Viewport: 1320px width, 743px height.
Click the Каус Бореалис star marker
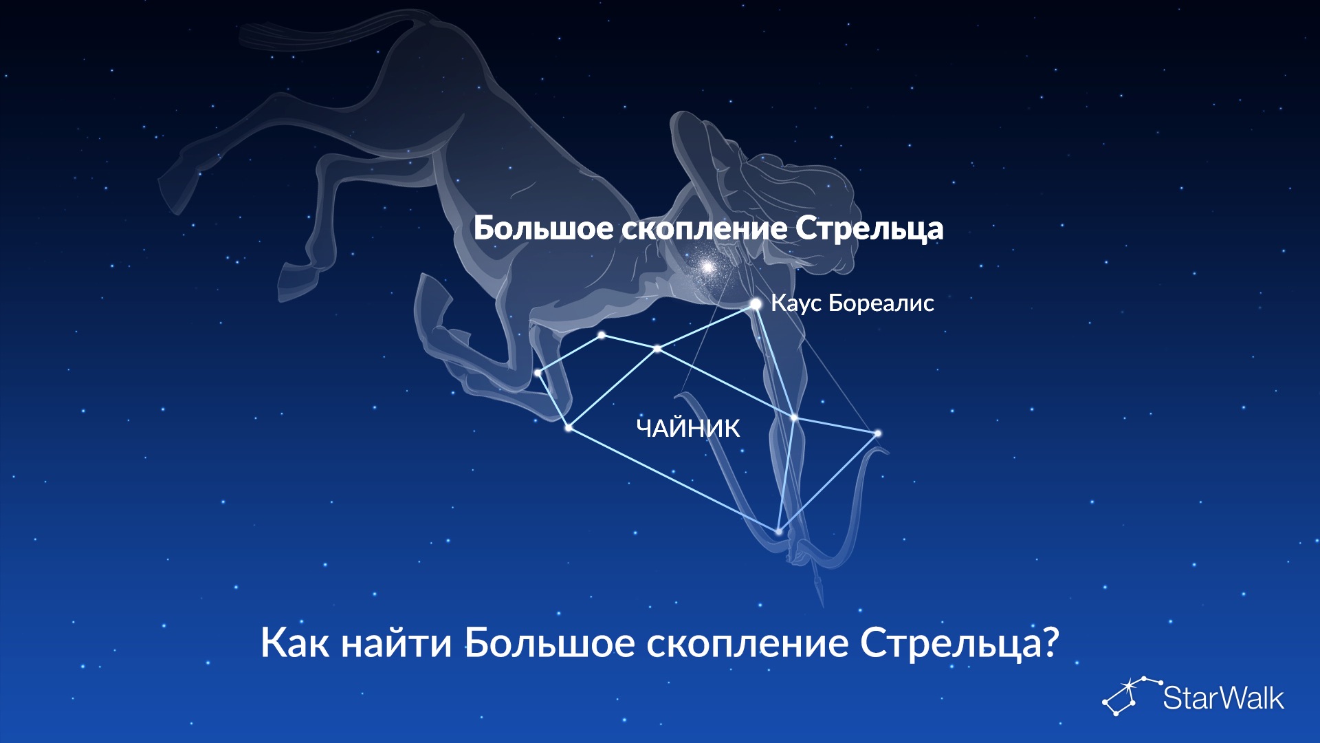pyautogui.click(x=756, y=303)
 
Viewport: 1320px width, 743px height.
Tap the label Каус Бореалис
pyautogui.click(x=852, y=303)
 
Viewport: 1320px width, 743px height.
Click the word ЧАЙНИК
pyautogui.click(x=688, y=429)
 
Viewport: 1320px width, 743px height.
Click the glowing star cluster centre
pyautogui.click(x=707, y=266)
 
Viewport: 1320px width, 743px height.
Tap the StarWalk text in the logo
pyautogui.click(x=1223, y=698)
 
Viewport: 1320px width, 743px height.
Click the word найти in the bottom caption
pyautogui.click(x=397, y=644)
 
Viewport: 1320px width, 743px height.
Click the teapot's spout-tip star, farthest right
pyautogui.click(x=878, y=433)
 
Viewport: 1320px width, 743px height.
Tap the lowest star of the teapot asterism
pyautogui.click(x=778, y=531)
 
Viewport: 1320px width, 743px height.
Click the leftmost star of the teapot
pyautogui.click(x=538, y=373)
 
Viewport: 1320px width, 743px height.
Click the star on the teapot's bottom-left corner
pyautogui.click(x=569, y=428)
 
